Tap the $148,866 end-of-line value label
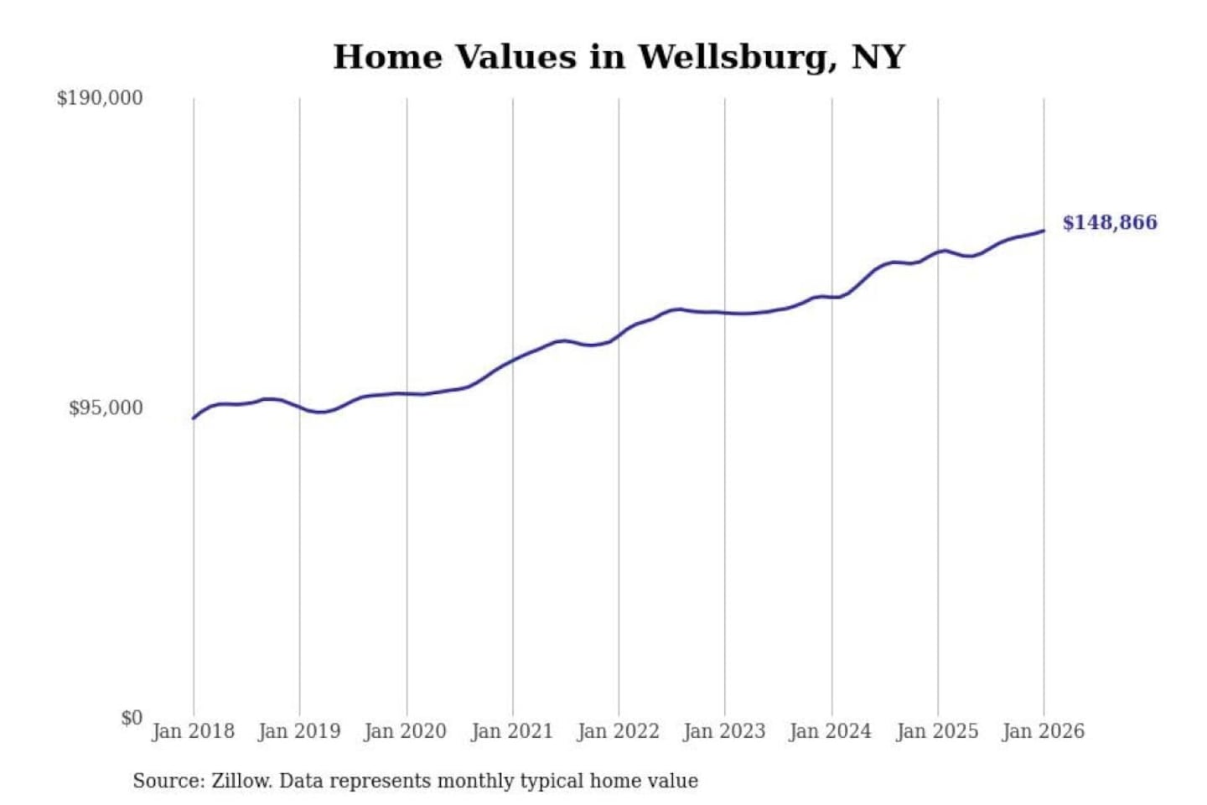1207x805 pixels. click(1109, 222)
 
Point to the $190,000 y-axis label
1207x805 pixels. click(100, 98)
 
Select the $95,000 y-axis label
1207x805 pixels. click(106, 408)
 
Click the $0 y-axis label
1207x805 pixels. click(132, 718)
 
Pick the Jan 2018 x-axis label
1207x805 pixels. click(193, 731)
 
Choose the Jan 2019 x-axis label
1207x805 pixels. click(299, 731)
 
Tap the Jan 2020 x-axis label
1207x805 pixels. click(406, 731)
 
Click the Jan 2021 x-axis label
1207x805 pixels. click(512, 731)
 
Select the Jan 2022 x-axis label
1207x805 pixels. click(619, 731)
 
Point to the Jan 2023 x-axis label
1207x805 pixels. click(724, 731)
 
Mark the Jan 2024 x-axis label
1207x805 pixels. click(831, 731)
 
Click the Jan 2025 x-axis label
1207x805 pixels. click(937, 731)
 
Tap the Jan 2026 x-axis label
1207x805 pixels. click(1044, 731)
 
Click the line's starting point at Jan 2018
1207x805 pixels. click(194, 418)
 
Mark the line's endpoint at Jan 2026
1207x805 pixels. click(1044, 231)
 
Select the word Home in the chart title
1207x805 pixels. click(387, 57)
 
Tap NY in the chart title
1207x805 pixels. click(878, 57)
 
